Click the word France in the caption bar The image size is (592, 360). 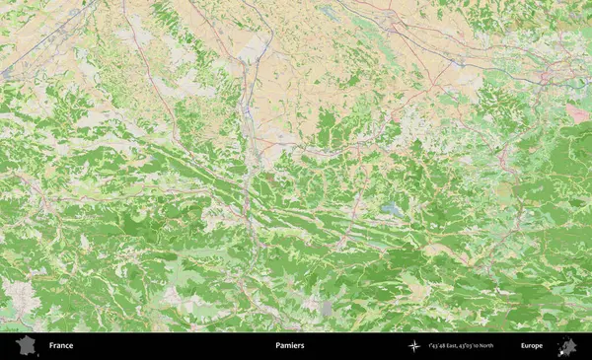click(61, 346)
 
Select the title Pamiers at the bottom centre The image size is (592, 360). click(290, 346)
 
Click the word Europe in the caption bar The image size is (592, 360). click(532, 346)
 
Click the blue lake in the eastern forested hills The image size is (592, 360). click(394, 209)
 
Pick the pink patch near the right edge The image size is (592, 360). click(578, 113)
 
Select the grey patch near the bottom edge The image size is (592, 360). click(327, 309)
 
